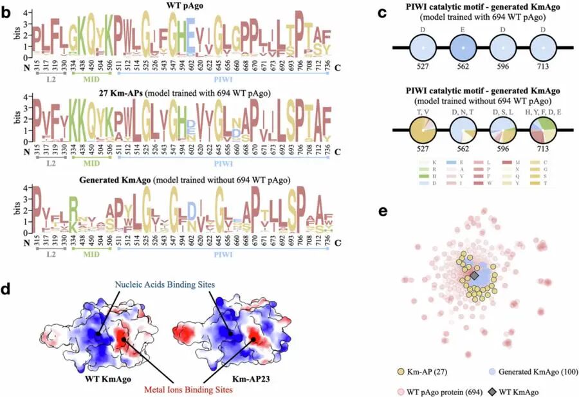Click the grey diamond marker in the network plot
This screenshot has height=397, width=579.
(474, 276)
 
